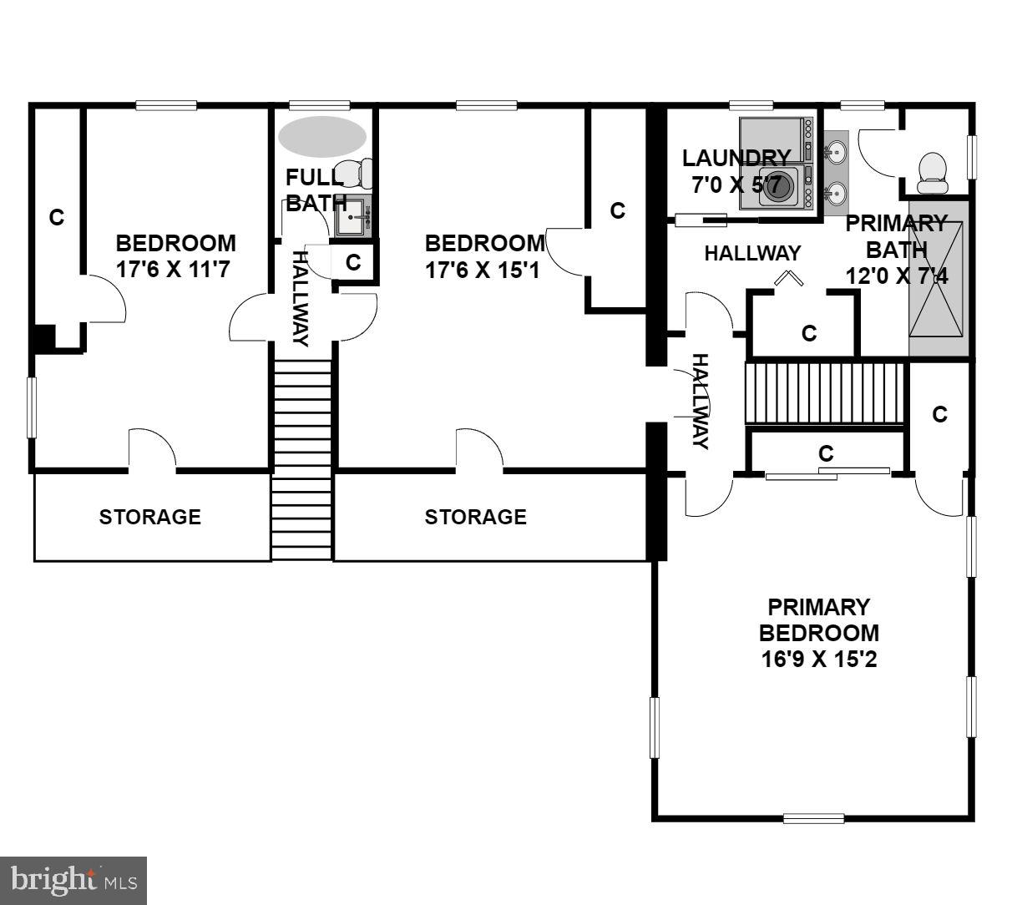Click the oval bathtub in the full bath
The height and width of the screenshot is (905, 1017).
321,136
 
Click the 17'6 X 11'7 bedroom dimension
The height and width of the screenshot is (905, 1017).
175,270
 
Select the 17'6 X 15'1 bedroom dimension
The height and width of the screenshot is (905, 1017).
484,270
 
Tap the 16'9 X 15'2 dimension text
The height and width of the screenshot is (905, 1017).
818,659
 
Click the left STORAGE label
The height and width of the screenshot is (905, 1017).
150,517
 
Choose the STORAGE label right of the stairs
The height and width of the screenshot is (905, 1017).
475,517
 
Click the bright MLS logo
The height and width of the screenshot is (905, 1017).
73,880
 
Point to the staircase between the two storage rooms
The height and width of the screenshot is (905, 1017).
301,459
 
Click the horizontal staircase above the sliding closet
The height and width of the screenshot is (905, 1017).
824,392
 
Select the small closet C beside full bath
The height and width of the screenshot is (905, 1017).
353,262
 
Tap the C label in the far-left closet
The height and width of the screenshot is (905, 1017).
56,217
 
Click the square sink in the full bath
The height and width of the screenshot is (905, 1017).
351,217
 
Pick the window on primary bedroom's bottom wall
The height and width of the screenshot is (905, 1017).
813,817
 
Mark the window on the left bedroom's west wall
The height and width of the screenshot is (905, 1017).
33,407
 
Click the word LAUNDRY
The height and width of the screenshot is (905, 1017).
736,158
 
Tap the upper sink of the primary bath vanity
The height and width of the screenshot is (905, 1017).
835,152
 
